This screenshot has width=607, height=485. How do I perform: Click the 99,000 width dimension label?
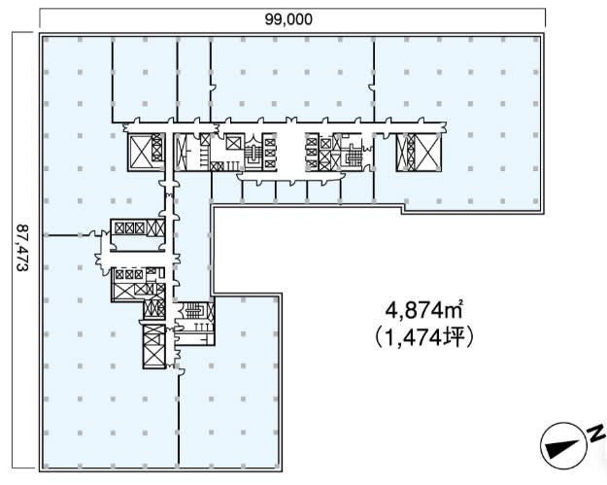(x=288, y=19)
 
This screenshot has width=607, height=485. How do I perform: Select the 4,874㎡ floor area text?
(x=424, y=310)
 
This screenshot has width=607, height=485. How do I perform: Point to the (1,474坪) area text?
(x=424, y=337)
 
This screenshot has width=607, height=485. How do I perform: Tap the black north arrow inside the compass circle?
(x=563, y=447)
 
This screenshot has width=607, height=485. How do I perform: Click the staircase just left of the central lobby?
(x=253, y=154)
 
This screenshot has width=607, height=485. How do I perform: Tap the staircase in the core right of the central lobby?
(x=352, y=154)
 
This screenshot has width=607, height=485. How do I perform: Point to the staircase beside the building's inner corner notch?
(x=194, y=310)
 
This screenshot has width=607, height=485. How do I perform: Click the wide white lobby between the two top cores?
(x=290, y=153)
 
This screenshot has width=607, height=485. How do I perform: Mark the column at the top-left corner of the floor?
(x=46, y=40)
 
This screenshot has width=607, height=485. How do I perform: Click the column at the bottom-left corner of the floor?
(x=47, y=466)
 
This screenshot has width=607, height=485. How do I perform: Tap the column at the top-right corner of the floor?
(x=536, y=40)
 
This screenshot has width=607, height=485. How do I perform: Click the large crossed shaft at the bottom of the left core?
(x=153, y=346)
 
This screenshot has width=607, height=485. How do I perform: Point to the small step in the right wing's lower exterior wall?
(x=402, y=211)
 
